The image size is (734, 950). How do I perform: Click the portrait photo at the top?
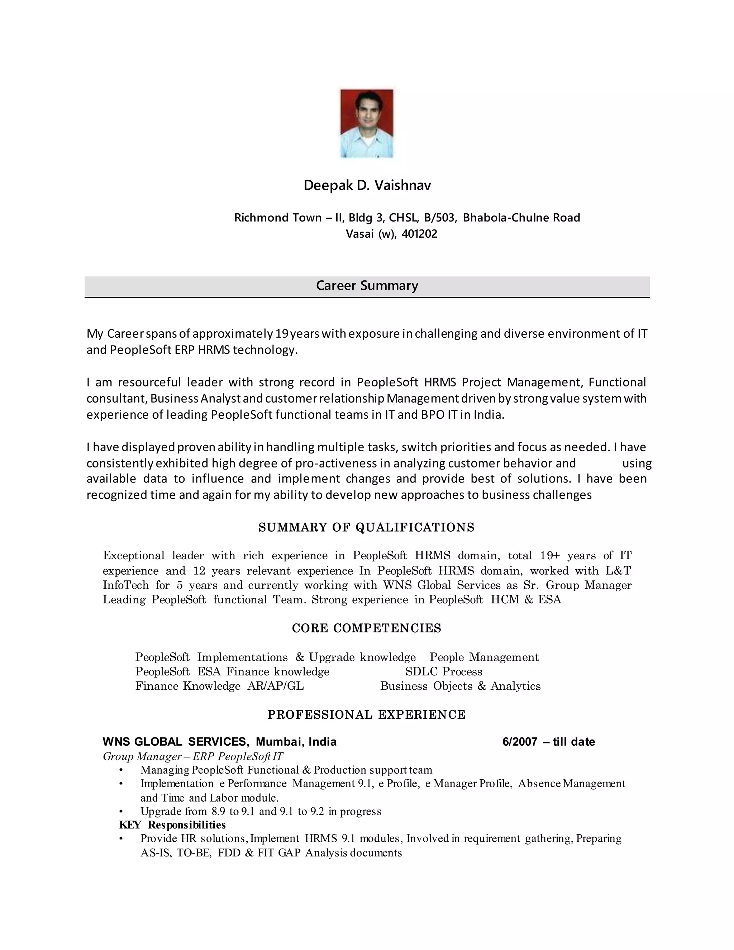tap(367, 124)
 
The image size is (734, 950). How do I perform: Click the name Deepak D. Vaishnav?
tap(367, 185)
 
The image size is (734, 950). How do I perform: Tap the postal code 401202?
tap(419, 234)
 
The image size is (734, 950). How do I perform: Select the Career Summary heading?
tap(367, 285)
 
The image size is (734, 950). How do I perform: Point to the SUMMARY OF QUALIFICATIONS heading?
tap(366, 528)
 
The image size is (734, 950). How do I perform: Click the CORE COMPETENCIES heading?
tap(367, 628)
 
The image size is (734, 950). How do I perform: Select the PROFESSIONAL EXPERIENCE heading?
tap(366, 715)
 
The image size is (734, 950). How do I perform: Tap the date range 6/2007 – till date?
tap(548, 742)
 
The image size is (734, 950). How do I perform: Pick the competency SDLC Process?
tap(444, 671)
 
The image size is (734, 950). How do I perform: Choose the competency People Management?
tap(484, 657)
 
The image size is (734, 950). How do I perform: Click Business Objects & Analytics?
tap(460, 686)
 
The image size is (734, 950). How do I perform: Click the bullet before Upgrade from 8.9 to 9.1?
tap(121, 812)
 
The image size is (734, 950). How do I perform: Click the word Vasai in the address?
tap(359, 234)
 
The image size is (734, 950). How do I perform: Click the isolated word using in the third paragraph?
tap(637, 463)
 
